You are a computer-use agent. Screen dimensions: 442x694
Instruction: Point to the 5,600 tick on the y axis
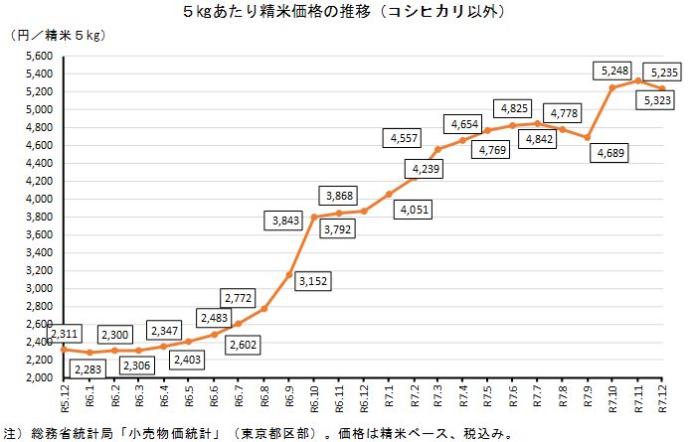pos(38,57)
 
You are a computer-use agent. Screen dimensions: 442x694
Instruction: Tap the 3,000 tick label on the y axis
pos(38,289)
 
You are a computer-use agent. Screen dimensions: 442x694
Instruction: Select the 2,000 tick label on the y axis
pos(38,378)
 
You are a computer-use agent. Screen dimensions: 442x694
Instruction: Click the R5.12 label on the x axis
pos(64,401)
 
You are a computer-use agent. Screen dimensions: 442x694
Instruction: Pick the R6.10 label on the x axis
pos(314,401)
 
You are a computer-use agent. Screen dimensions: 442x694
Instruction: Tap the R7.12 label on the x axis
pos(662,401)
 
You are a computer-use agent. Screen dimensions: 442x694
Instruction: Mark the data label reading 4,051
pos(418,210)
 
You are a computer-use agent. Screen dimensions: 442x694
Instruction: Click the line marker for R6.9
pos(288,275)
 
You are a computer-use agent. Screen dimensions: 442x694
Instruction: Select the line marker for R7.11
pos(637,80)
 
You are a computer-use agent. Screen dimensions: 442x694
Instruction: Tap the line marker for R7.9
pos(588,137)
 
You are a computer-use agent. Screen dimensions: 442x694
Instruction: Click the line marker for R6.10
pos(313,217)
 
